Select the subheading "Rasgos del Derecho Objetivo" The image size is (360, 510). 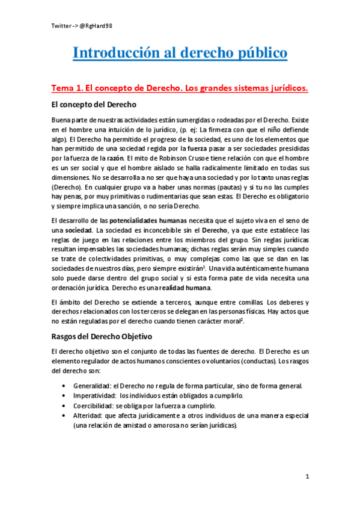click(102, 336)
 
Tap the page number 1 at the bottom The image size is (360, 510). click(307, 477)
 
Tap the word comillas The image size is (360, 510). click(242, 301)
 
